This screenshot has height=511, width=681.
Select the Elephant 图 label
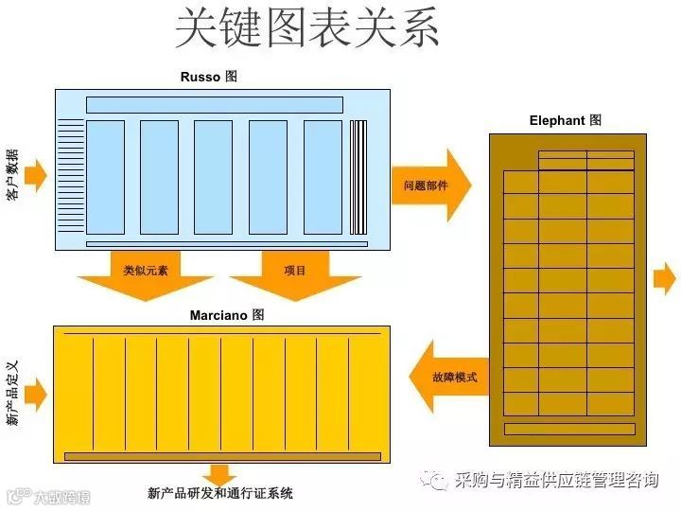[x=565, y=121]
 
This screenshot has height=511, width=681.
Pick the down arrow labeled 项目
[x=295, y=274]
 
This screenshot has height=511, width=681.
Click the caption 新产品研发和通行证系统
[x=220, y=493]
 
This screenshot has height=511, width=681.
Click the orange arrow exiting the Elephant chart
[x=665, y=279]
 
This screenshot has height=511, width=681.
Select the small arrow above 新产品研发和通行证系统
[x=220, y=474]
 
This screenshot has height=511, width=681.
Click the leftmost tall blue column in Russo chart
[x=105, y=177]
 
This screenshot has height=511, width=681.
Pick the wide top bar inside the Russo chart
[x=215, y=105]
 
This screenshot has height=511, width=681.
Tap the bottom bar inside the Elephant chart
[x=568, y=429]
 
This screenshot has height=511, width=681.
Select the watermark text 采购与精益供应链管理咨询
[x=556, y=481]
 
